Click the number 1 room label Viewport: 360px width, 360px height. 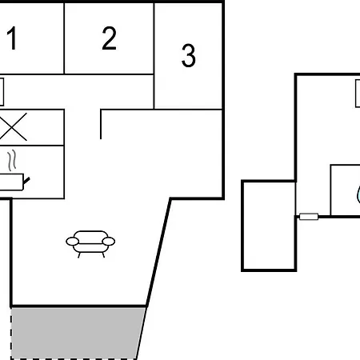click(x=12, y=38)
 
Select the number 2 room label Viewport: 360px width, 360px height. click(x=109, y=38)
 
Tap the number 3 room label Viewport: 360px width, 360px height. click(x=189, y=55)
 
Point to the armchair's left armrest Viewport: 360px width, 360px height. click(x=72, y=242)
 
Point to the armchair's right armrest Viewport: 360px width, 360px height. click(x=109, y=242)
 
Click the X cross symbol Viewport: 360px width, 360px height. click(x=13, y=127)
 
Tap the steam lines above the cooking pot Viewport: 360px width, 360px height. click(x=12, y=160)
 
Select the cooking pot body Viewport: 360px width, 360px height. click(x=11, y=182)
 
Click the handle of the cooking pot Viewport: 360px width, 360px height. click(x=26, y=181)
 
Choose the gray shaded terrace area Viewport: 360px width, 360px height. click(x=78, y=333)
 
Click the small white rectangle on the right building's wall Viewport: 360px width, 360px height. click(x=309, y=217)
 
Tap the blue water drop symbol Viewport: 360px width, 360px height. click(x=358, y=194)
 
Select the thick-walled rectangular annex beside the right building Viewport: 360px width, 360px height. click(x=269, y=226)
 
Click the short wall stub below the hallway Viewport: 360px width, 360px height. click(x=101, y=124)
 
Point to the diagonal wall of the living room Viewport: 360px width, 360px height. click(x=158, y=252)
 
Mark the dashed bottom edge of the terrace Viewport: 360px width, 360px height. click(x=74, y=358)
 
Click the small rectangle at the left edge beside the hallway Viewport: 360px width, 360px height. click(x=2, y=92)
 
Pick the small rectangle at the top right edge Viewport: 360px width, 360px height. click(x=358, y=94)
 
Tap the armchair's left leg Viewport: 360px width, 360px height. click(x=79, y=255)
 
